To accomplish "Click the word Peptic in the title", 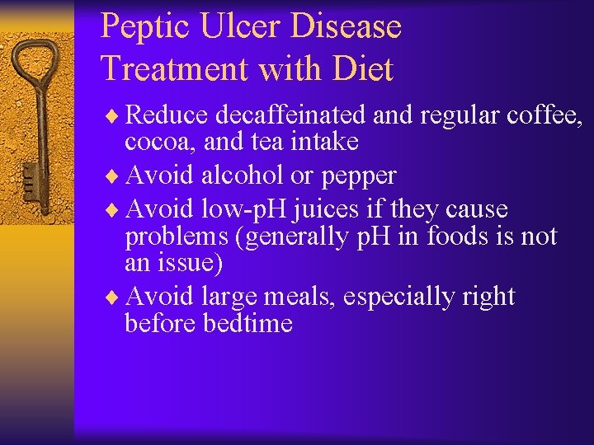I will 145,27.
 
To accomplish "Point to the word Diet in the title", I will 363,68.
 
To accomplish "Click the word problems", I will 177,238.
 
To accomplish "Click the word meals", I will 296,296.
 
